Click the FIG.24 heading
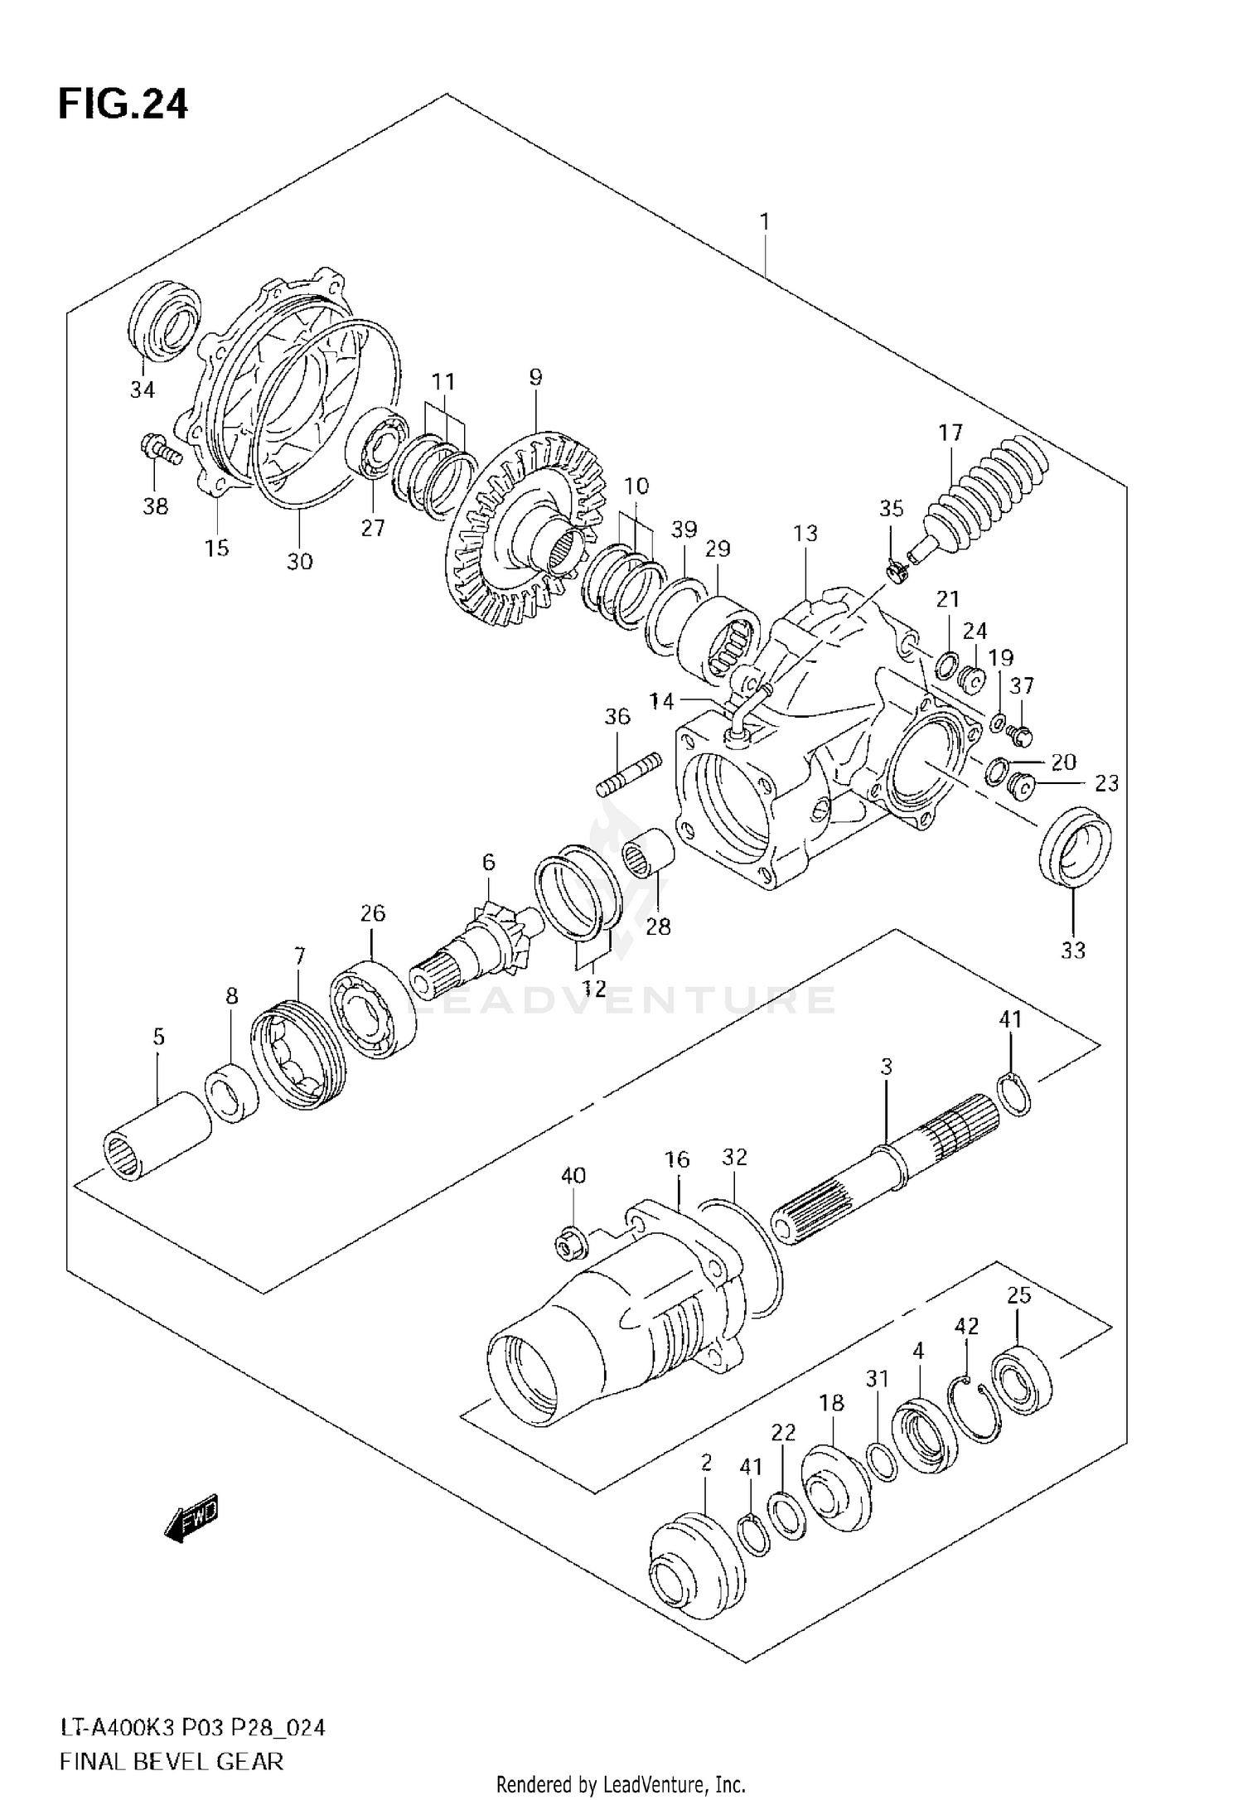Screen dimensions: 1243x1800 [123, 104]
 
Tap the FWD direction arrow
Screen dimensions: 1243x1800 [191, 1518]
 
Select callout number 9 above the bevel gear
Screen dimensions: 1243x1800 [535, 377]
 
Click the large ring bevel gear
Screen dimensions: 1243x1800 [522, 535]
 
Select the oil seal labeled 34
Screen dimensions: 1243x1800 [166, 321]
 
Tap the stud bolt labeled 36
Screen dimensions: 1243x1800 [628, 772]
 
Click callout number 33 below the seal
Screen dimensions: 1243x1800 [1072, 950]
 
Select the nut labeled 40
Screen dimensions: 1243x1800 [573, 1240]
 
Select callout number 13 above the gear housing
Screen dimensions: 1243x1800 [805, 533]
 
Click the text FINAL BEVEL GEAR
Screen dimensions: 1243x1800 [172, 1760]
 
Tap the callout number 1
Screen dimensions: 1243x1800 [764, 222]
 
